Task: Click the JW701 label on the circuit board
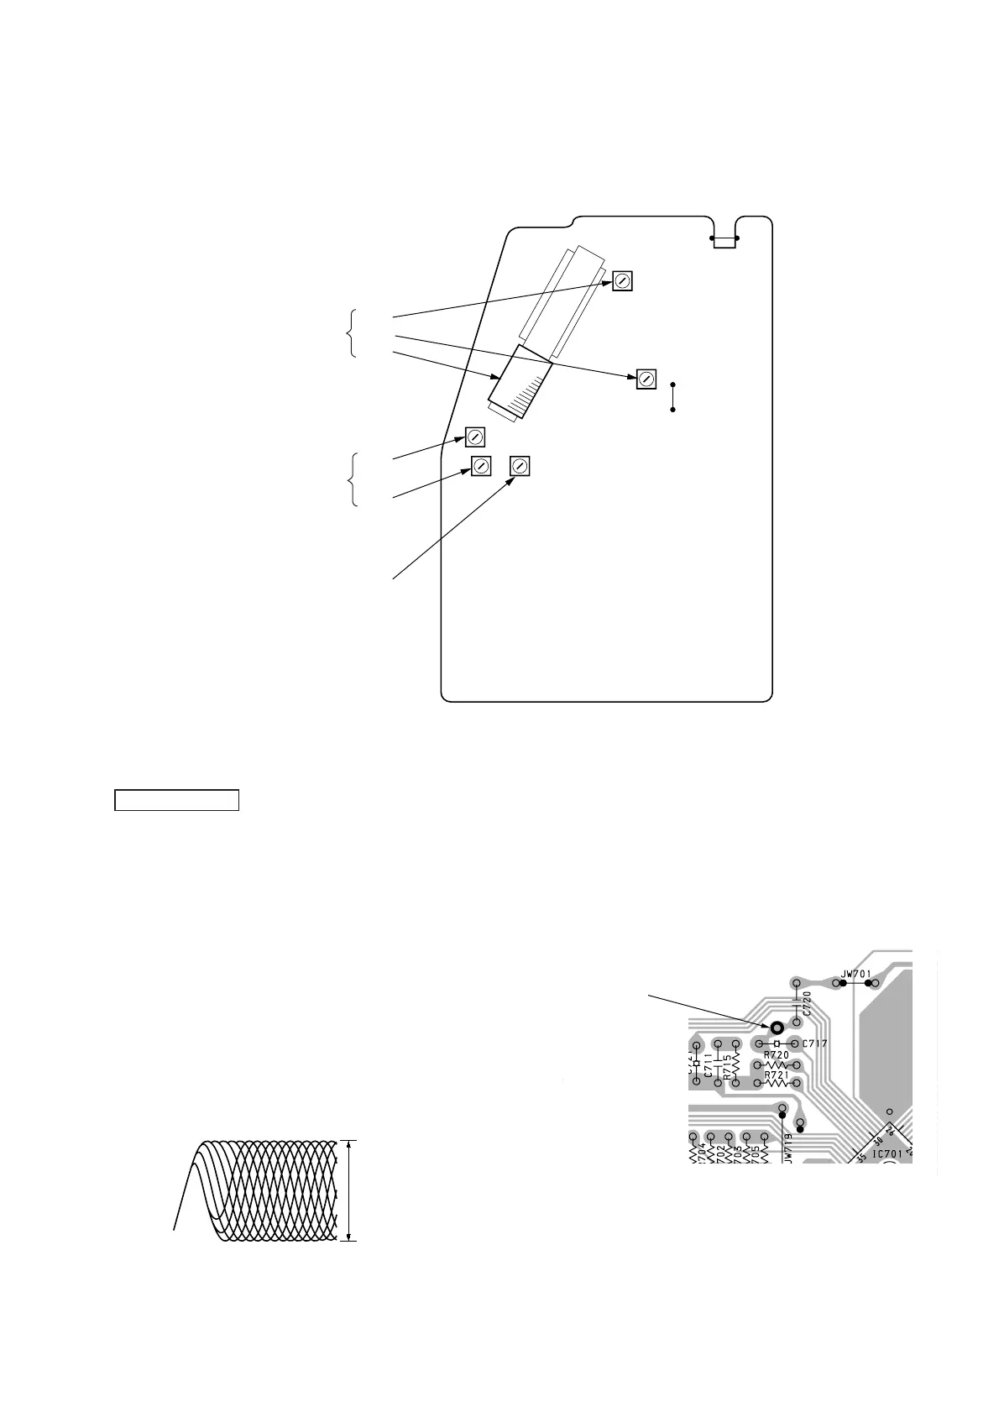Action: click(856, 975)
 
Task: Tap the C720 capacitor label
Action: click(807, 1004)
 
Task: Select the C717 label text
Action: click(815, 1043)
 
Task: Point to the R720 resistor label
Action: click(776, 1054)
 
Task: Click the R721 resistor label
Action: click(776, 1074)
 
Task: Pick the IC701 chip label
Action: click(887, 1153)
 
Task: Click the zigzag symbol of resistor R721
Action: click(777, 1084)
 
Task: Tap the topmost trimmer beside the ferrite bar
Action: click(622, 281)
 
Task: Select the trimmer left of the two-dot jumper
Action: click(646, 379)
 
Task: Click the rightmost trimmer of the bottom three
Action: click(520, 467)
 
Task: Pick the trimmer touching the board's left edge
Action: click(475, 437)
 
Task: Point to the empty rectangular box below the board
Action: click(177, 800)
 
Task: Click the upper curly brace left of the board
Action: click(350, 333)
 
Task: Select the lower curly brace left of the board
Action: click(350, 479)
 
